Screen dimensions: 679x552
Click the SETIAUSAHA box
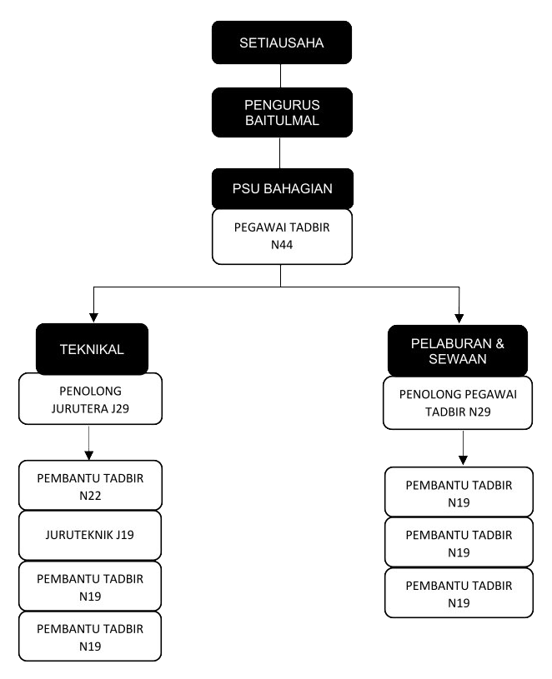point(281,42)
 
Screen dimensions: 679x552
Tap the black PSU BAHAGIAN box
point(281,188)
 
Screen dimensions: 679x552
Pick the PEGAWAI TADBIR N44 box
point(281,237)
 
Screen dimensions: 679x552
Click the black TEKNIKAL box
point(93,349)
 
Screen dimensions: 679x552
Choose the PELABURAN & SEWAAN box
point(458,351)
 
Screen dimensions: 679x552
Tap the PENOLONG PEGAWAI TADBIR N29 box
point(458,403)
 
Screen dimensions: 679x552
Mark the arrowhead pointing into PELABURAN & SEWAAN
point(458,318)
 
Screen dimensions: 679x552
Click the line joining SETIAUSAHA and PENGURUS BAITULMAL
point(281,76)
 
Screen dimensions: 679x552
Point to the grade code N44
point(281,247)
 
